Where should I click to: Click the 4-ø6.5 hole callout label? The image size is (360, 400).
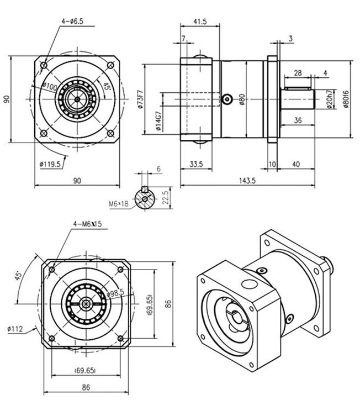coord(72,21)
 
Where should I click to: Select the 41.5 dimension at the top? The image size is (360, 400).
coord(200,22)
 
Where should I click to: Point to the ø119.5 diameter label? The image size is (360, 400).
coord(51,164)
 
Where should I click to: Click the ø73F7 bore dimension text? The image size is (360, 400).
coord(141,99)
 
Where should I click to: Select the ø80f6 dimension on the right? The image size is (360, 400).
coord(346,99)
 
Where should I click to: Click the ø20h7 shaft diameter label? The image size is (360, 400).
coord(329,99)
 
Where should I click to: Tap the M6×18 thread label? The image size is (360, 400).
coord(119,203)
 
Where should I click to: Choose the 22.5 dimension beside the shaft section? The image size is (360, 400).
coord(165,197)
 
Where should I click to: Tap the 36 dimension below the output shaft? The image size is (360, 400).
coord(298,120)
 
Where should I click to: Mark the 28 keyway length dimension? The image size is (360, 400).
coord(297,73)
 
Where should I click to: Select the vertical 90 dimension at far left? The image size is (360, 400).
coord(7,99)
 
